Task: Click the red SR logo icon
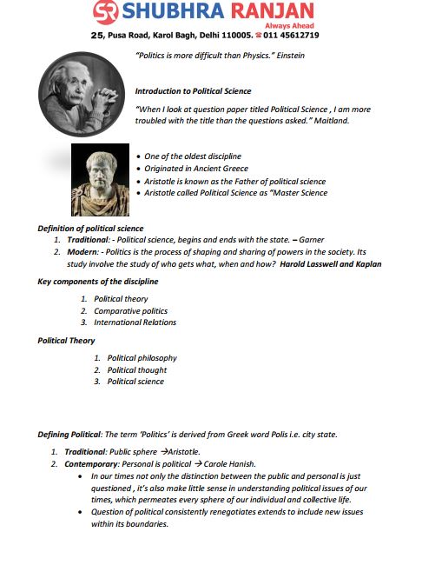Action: click(x=106, y=13)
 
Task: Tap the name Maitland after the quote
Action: click(x=329, y=121)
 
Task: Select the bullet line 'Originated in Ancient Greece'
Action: click(x=201, y=169)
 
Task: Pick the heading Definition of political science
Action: click(x=90, y=228)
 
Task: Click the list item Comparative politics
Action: click(x=131, y=310)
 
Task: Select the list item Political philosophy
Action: click(x=142, y=357)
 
